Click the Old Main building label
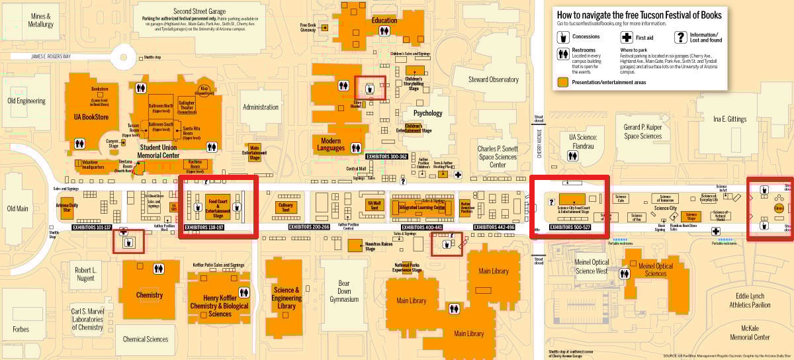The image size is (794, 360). pos(17,208)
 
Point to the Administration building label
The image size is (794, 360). pos(261,107)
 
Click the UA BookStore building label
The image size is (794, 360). pos(91,117)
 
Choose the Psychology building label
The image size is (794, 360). pos(427,113)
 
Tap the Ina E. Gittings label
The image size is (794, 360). pos(730,119)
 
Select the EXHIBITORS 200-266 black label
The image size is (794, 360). pos(309,227)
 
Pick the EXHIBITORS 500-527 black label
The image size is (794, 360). pos(570,227)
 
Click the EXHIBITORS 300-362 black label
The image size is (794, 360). pos(388,156)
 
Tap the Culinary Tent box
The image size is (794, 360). pos(286,206)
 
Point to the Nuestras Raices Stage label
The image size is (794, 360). pos(379,245)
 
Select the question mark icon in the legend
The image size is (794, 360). pos(680,38)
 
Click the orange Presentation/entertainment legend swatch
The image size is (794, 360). pos(562,82)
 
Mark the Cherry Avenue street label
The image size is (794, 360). pos(538,142)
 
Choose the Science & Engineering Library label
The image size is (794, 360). pos(287,298)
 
